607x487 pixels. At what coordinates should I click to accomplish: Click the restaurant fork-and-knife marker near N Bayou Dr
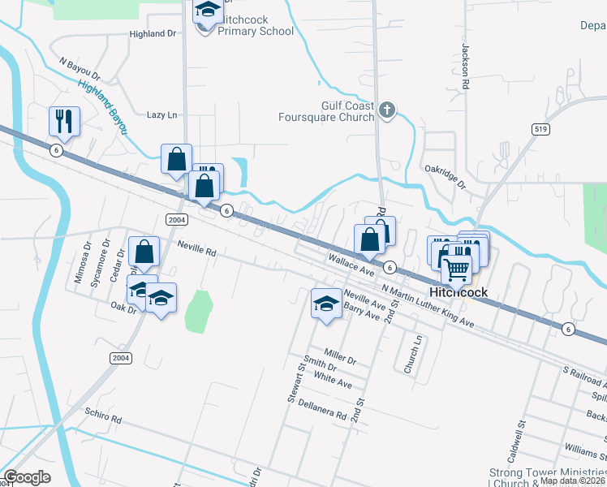[64, 122]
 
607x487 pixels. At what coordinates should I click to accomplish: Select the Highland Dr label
[153, 34]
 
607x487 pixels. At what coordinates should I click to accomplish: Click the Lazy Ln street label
[161, 115]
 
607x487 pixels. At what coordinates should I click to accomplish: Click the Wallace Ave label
[351, 263]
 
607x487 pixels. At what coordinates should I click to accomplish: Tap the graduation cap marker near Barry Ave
[326, 304]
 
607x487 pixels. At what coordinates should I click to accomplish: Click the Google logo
[27, 478]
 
